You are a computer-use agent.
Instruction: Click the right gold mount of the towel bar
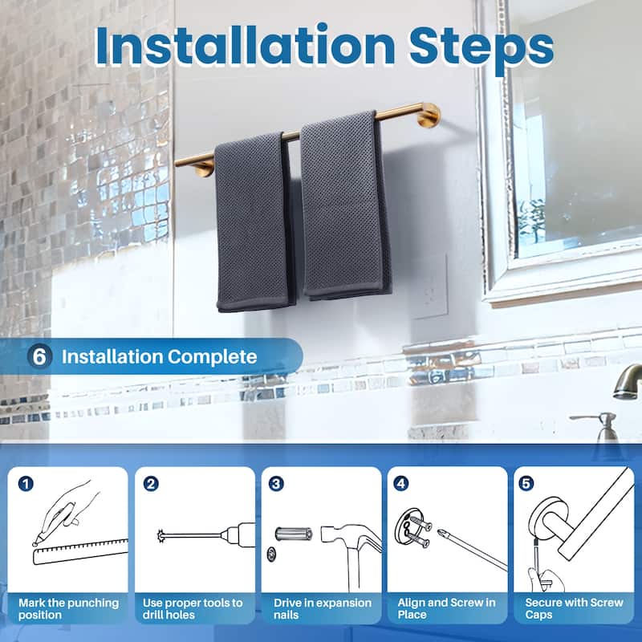pyautogui.click(x=429, y=115)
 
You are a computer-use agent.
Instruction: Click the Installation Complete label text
pyautogui.click(x=160, y=356)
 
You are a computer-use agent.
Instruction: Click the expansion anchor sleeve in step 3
pyautogui.click(x=293, y=534)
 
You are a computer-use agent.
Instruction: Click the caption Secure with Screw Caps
pyautogui.click(x=574, y=607)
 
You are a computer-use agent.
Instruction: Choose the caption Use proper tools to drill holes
pyautogui.click(x=193, y=607)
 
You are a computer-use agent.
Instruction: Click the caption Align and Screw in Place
pyautogui.click(x=446, y=607)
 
